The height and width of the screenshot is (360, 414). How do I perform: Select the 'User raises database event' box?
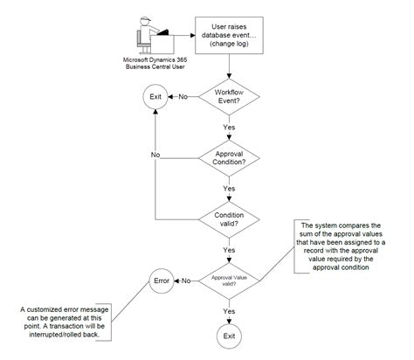(x=229, y=35)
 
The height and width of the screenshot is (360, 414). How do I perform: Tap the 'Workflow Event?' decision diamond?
(x=229, y=97)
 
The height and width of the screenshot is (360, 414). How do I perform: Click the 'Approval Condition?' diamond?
(x=229, y=158)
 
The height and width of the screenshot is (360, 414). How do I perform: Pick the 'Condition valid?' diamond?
(x=229, y=218)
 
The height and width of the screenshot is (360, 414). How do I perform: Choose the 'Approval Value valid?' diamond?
(x=229, y=280)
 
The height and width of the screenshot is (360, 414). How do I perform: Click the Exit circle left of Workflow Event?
(x=154, y=97)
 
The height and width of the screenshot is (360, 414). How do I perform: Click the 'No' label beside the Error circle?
(x=186, y=280)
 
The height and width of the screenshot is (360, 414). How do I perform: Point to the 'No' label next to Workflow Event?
(x=183, y=97)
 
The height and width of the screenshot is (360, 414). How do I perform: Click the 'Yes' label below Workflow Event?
(x=229, y=128)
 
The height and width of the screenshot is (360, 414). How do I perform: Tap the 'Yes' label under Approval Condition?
(x=229, y=188)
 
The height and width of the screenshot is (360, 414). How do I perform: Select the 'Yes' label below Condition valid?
(x=229, y=249)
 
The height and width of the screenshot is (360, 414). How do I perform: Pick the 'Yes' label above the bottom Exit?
(x=229, y=310)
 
